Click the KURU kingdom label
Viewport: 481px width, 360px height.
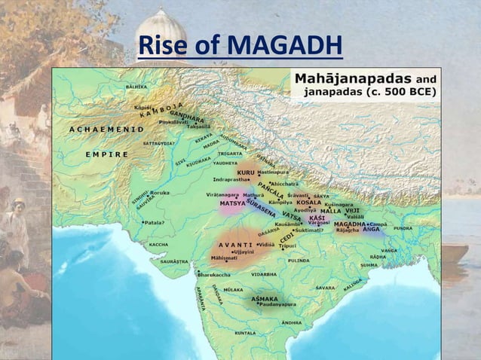pos(246,172)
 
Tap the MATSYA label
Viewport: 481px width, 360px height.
pos(231,203)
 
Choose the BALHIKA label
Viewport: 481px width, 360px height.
pos(136,87)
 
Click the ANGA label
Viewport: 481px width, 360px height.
pos(371,230)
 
